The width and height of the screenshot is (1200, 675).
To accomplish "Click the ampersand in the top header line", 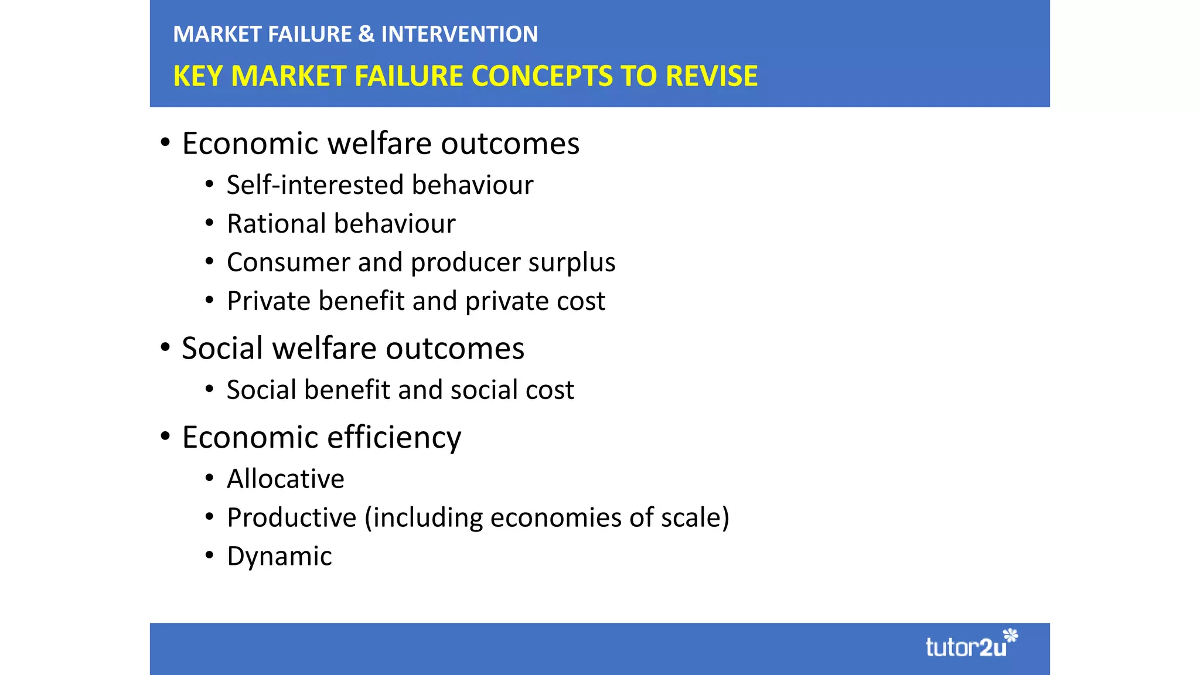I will coord(366,34).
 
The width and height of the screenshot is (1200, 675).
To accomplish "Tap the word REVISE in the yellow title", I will coord(711,76).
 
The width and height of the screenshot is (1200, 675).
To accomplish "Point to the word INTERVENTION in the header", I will coord(459,34).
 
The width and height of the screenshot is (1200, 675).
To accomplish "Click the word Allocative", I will coord(285,479).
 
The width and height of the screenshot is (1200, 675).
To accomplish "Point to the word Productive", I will coord(291,518).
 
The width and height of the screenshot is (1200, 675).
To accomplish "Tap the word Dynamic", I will coord(279,557).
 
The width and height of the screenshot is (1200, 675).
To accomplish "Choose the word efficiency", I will coord(394,438).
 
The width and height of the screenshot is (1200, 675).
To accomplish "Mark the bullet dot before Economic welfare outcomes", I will coord(165,142).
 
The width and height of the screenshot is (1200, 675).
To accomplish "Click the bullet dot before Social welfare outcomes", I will coord(165,347).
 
